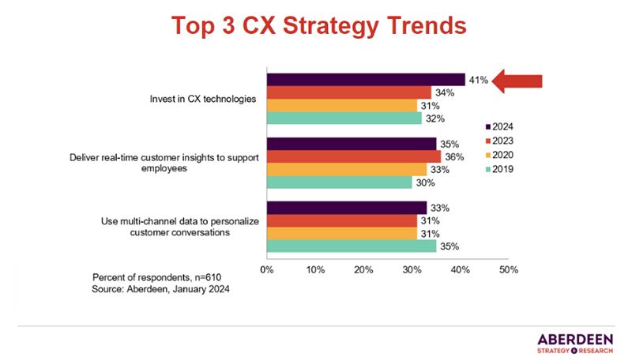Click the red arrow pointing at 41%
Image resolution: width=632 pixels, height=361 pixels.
(x=517, y=81)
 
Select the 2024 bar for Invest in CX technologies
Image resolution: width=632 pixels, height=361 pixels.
(x=365, y=80)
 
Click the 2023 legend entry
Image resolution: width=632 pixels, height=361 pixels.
(x=498, y=140)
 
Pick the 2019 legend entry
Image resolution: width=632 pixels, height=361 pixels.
(x=498, y=168)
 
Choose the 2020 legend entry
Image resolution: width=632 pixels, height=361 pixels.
(x=498, y=154)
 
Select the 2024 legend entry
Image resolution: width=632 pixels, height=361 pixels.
(x=498, y=126)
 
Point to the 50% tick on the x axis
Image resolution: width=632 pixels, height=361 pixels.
(x=509, y=269)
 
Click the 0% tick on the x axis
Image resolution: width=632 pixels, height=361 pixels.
(x=266, y=269)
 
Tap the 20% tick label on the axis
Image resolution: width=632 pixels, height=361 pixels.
(x=363, y=269)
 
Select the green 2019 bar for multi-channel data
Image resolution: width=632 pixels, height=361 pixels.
(x=351, y=246)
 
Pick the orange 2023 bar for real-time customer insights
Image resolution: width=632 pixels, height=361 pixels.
(x=353, y=156)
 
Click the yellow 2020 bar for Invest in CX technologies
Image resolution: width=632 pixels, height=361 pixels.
(x=341, y=105)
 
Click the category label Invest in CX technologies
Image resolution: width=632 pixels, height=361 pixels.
(x=203, y=100)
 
